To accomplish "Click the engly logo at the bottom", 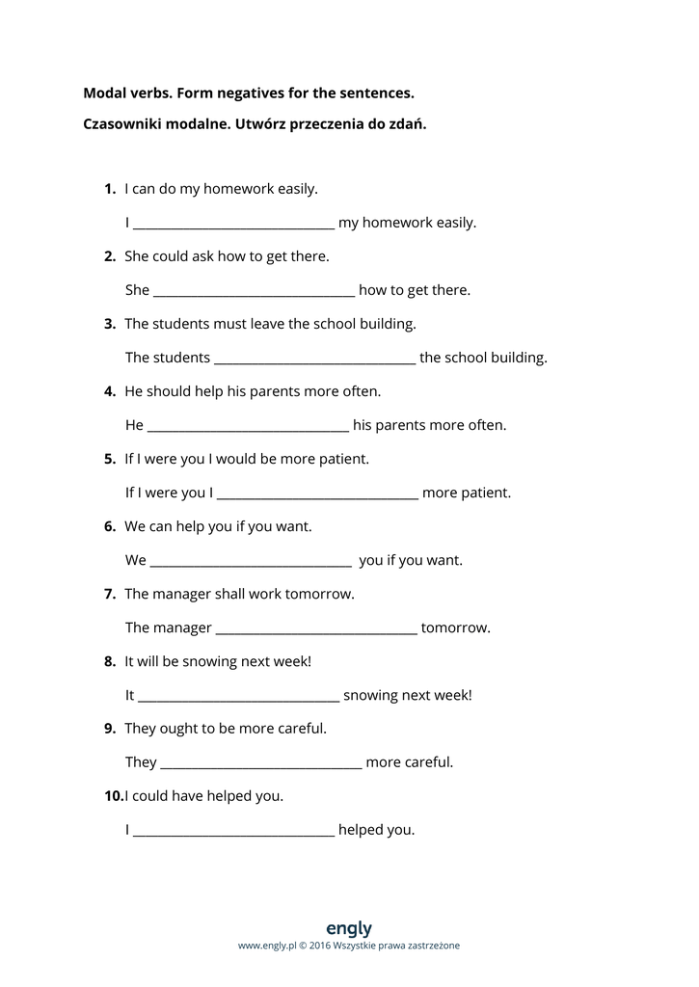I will (x=349, y=928).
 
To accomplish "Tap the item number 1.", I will (x=110, y=189).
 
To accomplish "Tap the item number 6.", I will (x=110, y=526).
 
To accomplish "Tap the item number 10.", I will (x=113, y=796).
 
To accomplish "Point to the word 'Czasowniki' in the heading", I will (x=121, y=124).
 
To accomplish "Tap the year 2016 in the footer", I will (x=320, y=946).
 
